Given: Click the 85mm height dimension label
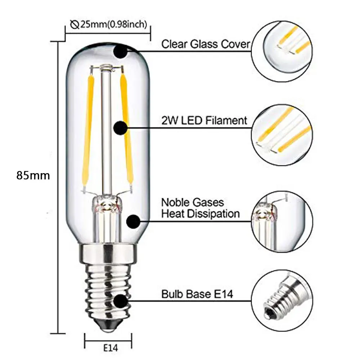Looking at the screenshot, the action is point(33,176).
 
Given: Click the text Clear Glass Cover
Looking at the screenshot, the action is point(205,44).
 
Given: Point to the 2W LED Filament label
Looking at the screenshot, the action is point(204,120).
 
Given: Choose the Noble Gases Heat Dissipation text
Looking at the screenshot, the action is point(200,208).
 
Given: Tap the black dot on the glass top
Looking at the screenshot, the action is point(120,51).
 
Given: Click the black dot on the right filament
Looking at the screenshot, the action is point(120,127).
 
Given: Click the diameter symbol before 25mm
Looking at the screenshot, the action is point(75,25).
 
